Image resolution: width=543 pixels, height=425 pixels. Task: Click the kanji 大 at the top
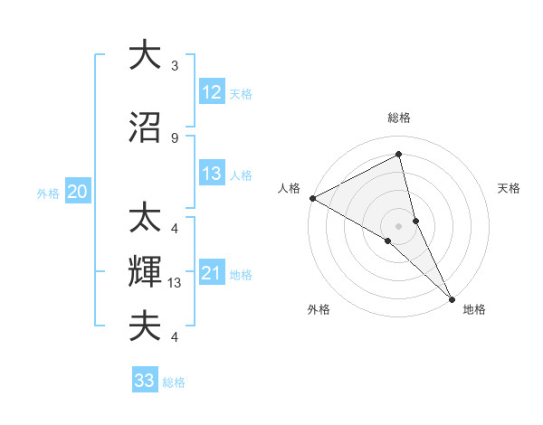click(145, 55)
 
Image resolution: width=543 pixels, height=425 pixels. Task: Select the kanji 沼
click(145, 127)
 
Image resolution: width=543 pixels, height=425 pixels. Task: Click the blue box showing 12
click(211, 91)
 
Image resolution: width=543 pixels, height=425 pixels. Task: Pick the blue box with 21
click(211, 273)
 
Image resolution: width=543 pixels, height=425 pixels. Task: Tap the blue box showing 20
click(77, 192)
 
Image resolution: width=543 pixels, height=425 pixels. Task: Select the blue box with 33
click(145, 381)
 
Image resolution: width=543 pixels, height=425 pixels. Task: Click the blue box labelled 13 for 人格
click(211, 174)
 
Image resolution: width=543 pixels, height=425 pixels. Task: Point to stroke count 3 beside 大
click(175, 66)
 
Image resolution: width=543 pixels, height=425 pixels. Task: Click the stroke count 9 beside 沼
click(175, 138)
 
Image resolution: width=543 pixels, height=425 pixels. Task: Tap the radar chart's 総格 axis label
click(399, 118)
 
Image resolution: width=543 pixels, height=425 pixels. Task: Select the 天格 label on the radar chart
click(509, 188)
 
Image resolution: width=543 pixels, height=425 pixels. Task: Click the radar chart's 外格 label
click(319, 309)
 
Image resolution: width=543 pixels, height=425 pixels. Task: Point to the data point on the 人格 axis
click(312, 198)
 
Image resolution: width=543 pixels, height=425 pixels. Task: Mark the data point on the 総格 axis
click(399, 155)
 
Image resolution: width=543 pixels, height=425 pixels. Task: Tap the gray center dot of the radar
click(399, 225)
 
